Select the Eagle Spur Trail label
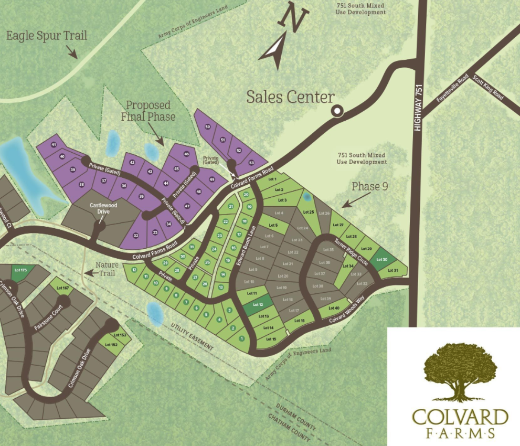tap(47, 36)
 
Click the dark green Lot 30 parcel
tap(382, 259)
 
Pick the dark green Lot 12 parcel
tap(257, 304)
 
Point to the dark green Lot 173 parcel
tap(20, 270)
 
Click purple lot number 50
tap(207, 127)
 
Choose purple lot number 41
tap(54, 145)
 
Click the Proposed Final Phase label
tap(150, 111)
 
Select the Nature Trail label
tap(108, 269)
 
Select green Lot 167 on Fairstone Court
tap(62, 288)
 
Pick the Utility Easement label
tap(192, 337)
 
